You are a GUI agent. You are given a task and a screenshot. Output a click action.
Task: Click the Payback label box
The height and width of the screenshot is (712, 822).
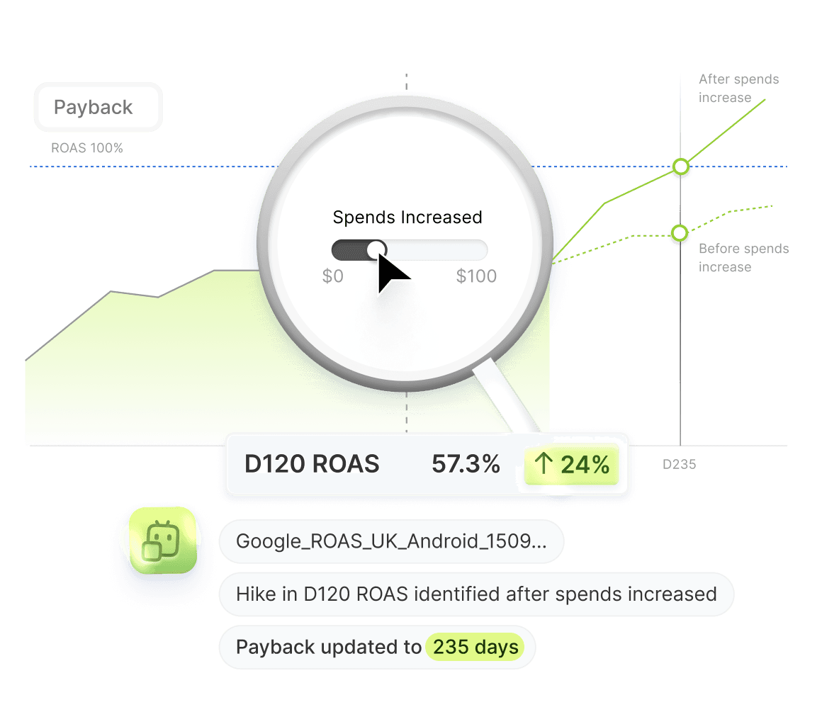pyautogui.click(x=98, y=108)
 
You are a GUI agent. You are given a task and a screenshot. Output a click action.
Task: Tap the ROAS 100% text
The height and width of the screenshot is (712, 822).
pyautogui.click(x=87, y=149)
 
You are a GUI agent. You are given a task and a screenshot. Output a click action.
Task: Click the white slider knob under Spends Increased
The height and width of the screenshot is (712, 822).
pyautogui.click(x=376, y=249)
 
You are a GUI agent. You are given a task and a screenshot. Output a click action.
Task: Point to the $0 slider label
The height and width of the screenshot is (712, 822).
pyautogui.click(x=333, y=276)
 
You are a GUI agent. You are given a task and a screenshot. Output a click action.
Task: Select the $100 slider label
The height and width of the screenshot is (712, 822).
pyautogui.click(x=476, y=276)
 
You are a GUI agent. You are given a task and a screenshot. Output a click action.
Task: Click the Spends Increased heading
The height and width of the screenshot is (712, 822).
pyautogui.click(x=407, y=217)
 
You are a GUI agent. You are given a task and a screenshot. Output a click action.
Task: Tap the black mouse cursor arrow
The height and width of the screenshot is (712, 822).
pyautogui.click(x=390, y=273)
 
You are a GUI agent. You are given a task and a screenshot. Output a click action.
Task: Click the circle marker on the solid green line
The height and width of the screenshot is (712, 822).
pyautogui.click(x=681, y=167)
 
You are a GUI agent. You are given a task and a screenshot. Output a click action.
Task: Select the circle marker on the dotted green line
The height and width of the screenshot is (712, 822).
pyautogui.click(x=680, y=233)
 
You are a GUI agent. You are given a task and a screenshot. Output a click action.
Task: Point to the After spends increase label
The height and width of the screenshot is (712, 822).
pyautogui.click(x=738, y=89)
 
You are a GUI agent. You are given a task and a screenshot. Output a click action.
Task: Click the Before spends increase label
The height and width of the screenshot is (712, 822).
pyautogui.click(x=743, y=258)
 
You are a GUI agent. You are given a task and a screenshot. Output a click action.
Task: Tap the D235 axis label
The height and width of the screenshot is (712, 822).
pyautogui.click(x=679, y=465)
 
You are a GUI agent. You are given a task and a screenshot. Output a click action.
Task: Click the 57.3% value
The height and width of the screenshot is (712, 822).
pyautogui.click(x=466, y=465)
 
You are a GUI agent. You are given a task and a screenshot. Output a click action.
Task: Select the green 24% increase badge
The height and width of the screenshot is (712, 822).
pyautogui.click(x=572, y=465)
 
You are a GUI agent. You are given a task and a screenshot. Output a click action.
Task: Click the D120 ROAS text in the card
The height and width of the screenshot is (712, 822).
pyautogui.click(x=312, y=465)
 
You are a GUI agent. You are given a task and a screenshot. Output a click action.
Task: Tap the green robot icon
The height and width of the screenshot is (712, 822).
pyautogui.click(x=162, y=541)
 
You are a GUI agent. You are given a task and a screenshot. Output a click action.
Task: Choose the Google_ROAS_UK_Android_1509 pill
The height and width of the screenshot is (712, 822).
pyautogui.click(x=390, y=543)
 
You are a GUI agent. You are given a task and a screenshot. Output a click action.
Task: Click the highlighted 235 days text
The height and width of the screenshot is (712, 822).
pyautogui.click(x=475, y=648)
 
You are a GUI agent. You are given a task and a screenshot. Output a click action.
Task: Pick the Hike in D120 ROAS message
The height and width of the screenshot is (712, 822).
pyautogui.click(x=475, y=594)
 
